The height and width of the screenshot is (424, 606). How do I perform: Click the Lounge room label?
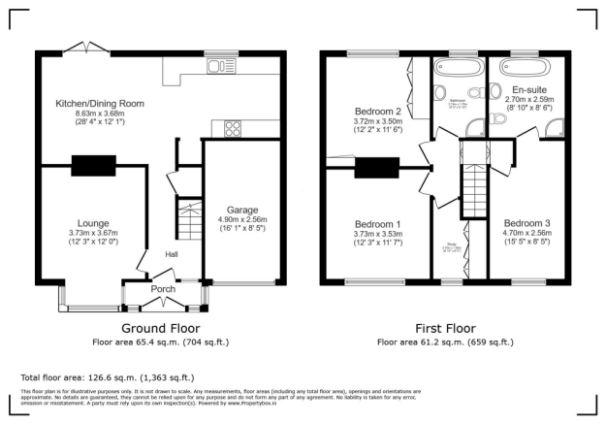pos(94,223)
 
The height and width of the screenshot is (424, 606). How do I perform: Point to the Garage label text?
pos(241,210)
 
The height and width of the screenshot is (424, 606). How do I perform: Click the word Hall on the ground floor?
pos(171,254)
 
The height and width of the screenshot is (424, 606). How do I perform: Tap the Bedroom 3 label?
pos(528,220)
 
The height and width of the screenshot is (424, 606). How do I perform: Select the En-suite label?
pos(529,89)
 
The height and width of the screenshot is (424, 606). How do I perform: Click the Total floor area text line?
pos(108,377)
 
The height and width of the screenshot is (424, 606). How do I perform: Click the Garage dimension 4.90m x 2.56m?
pos(241,221)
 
